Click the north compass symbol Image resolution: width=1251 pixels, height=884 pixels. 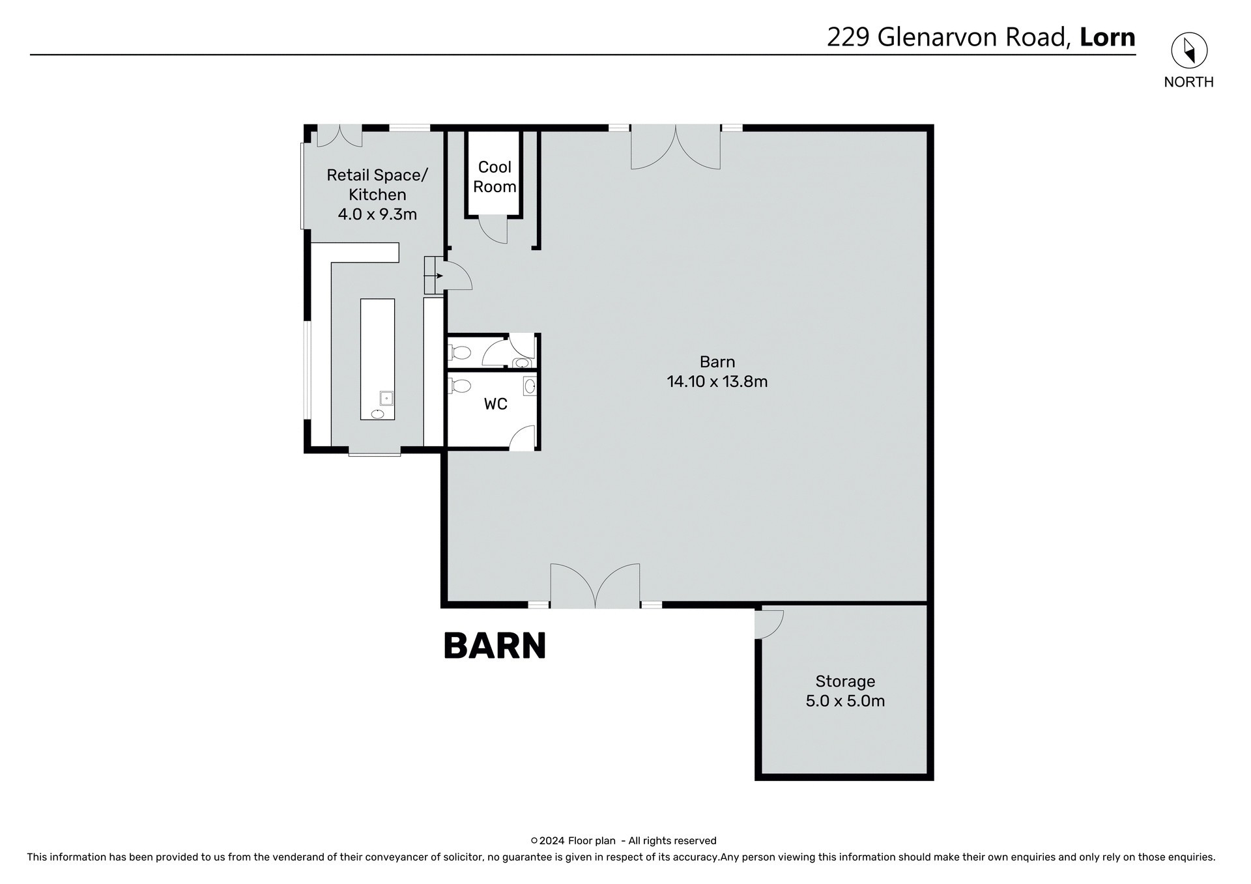1189,50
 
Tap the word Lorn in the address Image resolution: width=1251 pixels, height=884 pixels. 1108,37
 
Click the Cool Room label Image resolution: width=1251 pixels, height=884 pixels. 495,177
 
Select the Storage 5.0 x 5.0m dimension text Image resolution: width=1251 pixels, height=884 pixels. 845,701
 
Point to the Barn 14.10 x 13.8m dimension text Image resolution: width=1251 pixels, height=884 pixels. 717,382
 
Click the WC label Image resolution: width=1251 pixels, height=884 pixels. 495,404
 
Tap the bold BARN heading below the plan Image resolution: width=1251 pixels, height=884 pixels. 495,646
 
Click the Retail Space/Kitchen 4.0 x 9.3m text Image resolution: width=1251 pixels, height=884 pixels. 377,194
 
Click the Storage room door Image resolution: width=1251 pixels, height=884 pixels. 769,624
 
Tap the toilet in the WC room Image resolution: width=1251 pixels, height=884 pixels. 460,386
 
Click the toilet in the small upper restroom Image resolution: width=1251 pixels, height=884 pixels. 460,353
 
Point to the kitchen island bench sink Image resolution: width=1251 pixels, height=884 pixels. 386,397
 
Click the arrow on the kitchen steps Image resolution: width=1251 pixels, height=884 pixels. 438,276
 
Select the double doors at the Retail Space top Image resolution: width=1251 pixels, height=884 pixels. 339,135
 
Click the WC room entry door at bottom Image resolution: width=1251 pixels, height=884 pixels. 523,438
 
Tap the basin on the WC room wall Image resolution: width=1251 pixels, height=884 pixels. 530,386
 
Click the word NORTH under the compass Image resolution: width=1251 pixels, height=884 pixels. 1188,82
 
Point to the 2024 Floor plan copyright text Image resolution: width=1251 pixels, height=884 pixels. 624,840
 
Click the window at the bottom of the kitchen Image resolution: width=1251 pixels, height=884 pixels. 374,453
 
